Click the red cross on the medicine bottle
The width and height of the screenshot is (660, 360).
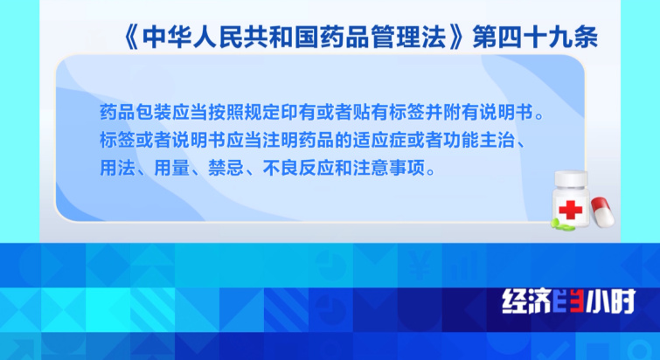tap(571, 210)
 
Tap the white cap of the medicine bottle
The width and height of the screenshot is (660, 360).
tap(571, 179)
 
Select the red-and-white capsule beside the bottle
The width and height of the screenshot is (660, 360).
tap(602, 212)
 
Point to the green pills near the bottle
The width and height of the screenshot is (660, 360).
tap(563, 225)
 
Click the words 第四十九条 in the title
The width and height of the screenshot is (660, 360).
tap(535, 38)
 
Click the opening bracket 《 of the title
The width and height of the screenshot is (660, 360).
tap(130, 38)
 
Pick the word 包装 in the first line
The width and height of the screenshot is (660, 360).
tap(154, 113)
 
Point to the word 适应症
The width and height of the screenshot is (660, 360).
tap(379, 140)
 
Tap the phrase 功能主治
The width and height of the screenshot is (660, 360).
tap(479, 140)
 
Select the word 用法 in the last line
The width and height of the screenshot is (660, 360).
tap(118, 168)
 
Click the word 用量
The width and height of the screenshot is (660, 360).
tap(171, 168)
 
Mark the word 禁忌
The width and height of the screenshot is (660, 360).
tap(226, 168)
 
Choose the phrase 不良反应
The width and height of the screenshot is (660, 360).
tap(298, 168)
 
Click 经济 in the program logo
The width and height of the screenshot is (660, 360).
tap(527, 301)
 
